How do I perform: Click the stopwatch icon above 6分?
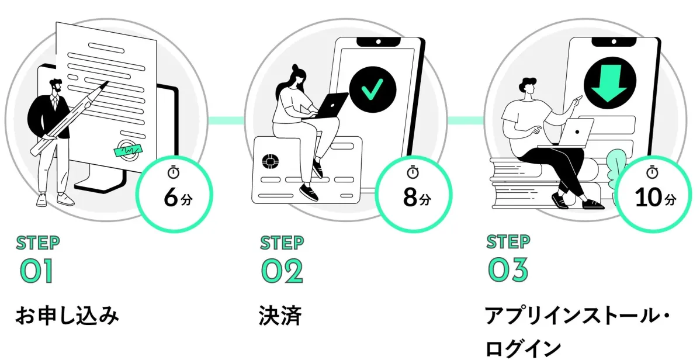(x=174, y=172)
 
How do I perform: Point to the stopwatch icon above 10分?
(x=653, y=172)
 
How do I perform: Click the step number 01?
(x=37, y=271)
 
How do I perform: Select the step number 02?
(x=282, y=271)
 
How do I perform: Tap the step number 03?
(x=508, y=271)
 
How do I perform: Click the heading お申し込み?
(x=67, y=316)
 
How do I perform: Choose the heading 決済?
(x=280, y=316)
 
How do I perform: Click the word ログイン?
(x=523, y=348)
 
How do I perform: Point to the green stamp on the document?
(x=127, y=150)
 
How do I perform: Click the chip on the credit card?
(x=271, y=162)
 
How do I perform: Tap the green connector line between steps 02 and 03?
(x=465, y=120)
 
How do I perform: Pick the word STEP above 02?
(x=282, y=242)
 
